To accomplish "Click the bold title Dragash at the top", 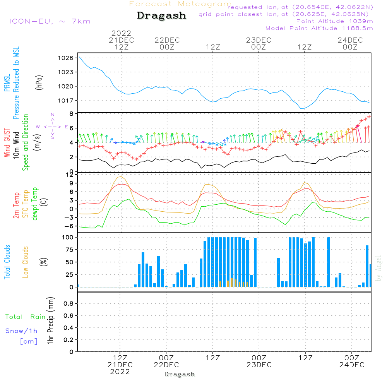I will pyautogui.click(x=161, y=15).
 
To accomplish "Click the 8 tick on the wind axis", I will pyautogui.click(x=71, y=114).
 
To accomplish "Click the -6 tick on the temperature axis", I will pyautogui.click(x=68, y=226).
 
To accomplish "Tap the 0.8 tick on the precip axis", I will pyautogui.click(x=68, y=304).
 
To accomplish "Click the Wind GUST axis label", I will pyautogui.click(x=7, y=143).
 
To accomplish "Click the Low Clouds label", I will pyautogui.click(x=26, y=262).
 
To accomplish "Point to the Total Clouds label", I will pyautogui.click(x=7, y=262).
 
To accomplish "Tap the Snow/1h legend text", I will pyautogui.click(x=21, y=331).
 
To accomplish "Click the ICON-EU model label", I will pyautogui.click(x=50, y=21).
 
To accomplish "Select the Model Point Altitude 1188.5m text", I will pyautogui.click(x=319, y=28).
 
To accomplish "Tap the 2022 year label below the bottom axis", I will pyautogui.click(x=120, y=372).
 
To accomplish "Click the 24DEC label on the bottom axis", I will pyautogui.click(x=351, y=365).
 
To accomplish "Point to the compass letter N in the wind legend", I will pyautogui.click(x=53, y=114).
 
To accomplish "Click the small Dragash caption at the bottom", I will pyautogui.click(x=179, y=374).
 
